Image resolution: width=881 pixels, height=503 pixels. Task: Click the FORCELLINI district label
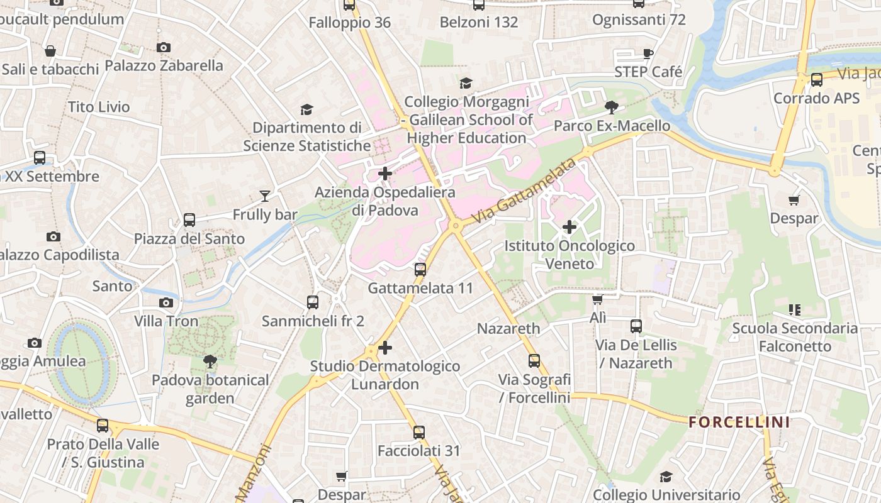(739, 422)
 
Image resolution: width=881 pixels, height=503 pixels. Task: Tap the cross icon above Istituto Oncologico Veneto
(570, 226)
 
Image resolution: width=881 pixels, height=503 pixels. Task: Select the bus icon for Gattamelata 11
(420, 270)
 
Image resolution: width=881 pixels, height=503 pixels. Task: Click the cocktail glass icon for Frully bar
(265, 196)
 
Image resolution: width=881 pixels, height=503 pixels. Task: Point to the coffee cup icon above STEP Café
(648, 53)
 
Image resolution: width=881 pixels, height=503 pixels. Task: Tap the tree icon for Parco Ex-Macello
(611, 107)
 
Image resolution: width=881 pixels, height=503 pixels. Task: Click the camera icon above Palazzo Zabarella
(164, 47)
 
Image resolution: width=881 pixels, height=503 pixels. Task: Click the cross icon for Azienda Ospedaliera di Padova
(385, 174)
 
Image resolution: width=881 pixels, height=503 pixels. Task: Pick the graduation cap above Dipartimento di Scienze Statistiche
(306, 109)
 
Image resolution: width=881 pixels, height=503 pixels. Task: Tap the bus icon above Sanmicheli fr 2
(313, 302)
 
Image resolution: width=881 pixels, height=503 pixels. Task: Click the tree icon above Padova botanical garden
(210, 361)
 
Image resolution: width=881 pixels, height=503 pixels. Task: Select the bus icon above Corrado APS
(817, 80)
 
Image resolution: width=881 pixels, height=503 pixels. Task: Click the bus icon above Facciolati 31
(419, 433)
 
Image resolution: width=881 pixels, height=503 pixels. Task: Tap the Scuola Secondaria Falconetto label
(795, 337)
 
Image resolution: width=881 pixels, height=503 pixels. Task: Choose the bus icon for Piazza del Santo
(189, 220)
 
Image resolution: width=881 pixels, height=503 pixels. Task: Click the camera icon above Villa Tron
(166, 302)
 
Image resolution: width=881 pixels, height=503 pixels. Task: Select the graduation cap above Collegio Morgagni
(466, 83)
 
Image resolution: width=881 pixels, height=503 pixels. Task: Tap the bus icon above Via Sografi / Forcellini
(534, 361)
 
